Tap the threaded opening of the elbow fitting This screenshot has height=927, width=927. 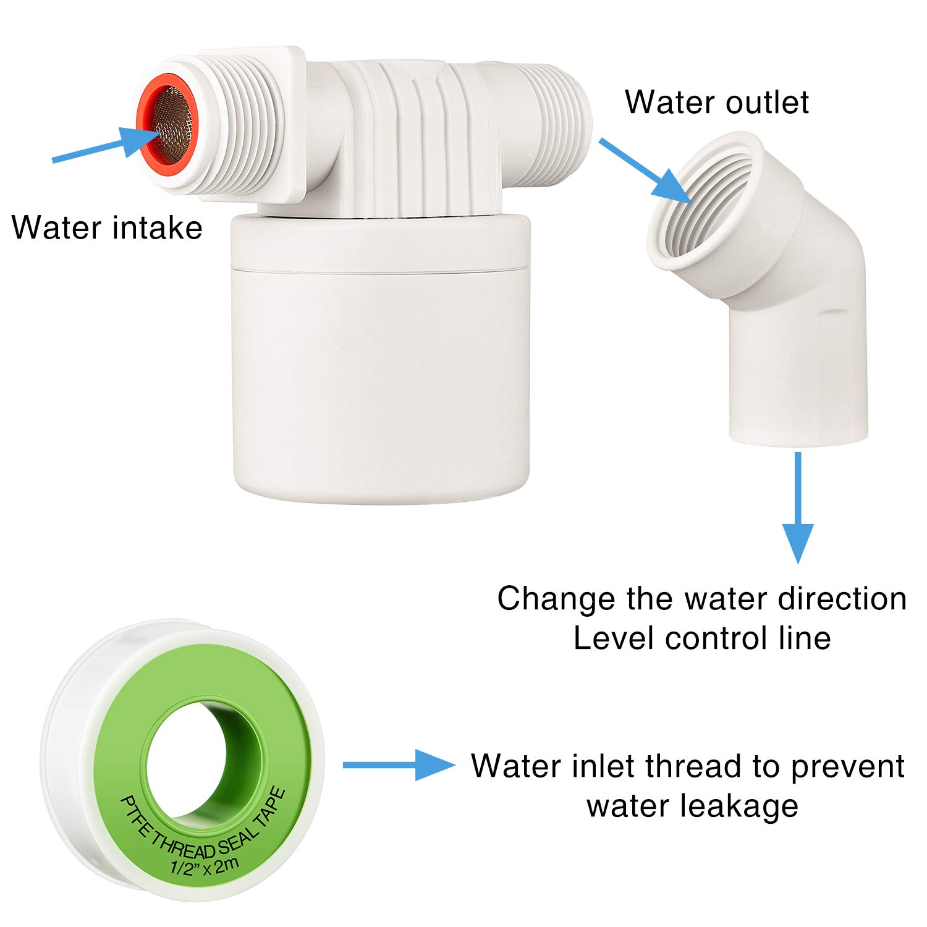[705, 204]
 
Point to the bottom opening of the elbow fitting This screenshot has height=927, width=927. [798, 436]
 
